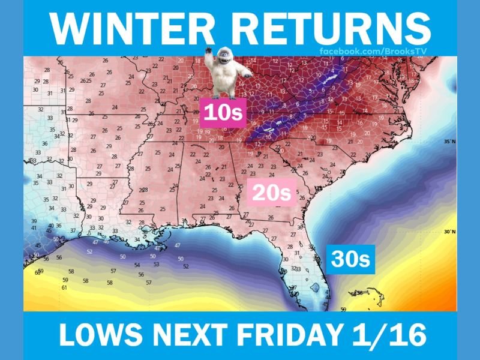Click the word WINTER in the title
coord(127,27)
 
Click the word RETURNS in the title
coord(327,27)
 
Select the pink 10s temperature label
coord(222,112)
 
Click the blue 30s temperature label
coord(352,259)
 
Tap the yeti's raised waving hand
coord(209,55)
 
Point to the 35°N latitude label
coord(449,142)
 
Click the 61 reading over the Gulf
coord(65,288)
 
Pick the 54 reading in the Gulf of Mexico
coord(137,265)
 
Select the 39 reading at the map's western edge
coord(34,221)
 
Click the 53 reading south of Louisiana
coord(156,264)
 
